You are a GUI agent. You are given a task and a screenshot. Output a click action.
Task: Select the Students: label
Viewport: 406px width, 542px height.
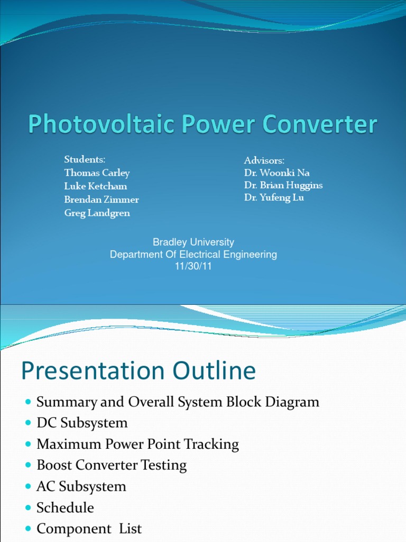[85, 159]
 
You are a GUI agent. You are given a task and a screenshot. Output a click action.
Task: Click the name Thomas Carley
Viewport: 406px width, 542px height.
[97, 173]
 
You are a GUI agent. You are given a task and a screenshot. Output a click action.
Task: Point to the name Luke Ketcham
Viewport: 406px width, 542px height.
[96, 186]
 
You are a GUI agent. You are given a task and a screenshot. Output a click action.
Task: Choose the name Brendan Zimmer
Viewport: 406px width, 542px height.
[101, 200]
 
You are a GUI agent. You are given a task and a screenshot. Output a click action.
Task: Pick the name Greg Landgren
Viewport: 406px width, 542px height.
[97, 213]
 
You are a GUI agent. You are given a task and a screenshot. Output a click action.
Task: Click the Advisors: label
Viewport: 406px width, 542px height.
[264, 160]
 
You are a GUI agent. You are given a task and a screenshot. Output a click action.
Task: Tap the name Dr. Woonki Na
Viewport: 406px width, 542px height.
[277, 173]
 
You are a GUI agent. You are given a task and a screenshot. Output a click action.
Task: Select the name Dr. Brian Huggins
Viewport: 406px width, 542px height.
[283, 185]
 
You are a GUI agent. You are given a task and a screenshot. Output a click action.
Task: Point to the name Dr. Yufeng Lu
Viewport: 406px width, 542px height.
[274, 197]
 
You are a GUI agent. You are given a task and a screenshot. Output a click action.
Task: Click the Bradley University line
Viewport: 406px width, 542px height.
[193, 242]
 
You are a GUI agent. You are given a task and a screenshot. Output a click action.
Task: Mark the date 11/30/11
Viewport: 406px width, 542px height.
[193, 266]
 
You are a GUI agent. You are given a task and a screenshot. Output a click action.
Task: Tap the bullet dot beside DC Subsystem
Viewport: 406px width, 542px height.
[29, 423]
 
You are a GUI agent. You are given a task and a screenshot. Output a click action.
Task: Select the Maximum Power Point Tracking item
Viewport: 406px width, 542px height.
[137, 444]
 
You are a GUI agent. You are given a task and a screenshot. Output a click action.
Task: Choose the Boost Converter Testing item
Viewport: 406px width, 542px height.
[112, 465]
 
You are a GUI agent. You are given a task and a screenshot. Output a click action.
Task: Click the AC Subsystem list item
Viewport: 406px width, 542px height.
[81, 486]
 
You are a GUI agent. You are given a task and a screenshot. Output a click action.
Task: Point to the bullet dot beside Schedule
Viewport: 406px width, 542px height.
[29, 508]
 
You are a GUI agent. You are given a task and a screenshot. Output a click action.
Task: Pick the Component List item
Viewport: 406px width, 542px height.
[89, 529]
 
